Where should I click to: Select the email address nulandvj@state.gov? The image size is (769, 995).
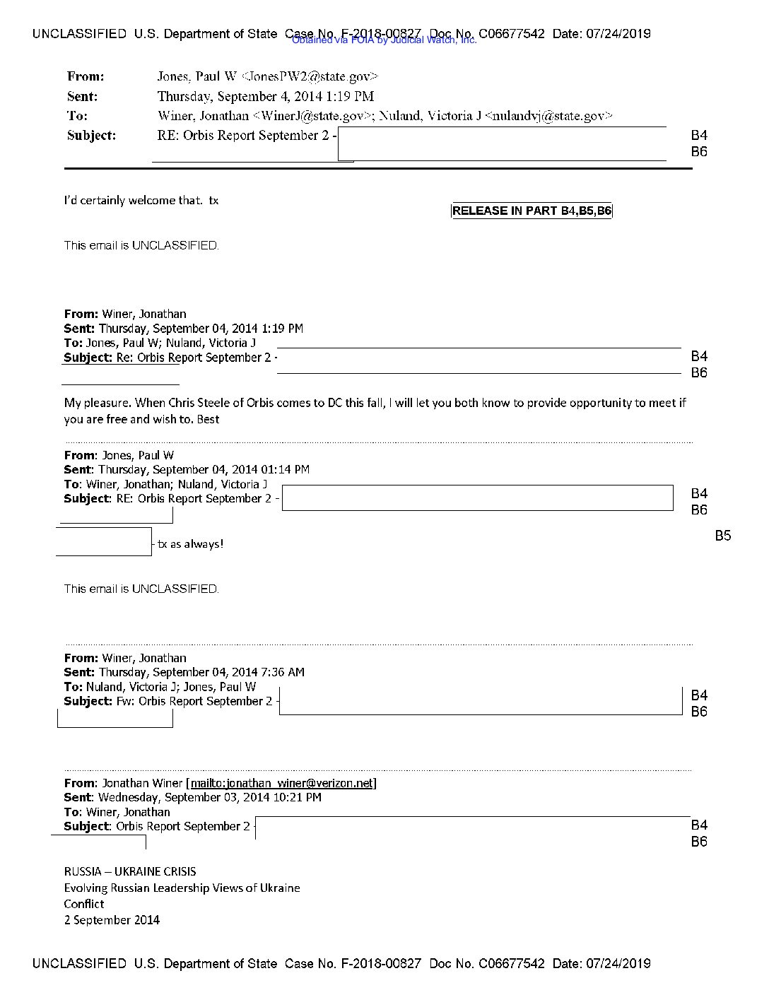548,116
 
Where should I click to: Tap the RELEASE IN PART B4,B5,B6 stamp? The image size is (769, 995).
532,211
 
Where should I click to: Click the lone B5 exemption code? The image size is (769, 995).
722,536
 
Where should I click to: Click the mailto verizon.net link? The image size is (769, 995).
282,783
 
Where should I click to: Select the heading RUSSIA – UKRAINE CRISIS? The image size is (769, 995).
130,871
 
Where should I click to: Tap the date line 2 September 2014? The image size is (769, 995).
112,919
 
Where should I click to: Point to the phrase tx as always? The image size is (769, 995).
190,544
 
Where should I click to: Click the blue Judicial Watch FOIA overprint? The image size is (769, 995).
384,40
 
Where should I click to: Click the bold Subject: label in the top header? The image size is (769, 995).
91,136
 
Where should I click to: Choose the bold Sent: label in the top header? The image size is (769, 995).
82,97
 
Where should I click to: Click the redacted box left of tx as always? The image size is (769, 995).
104,541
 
